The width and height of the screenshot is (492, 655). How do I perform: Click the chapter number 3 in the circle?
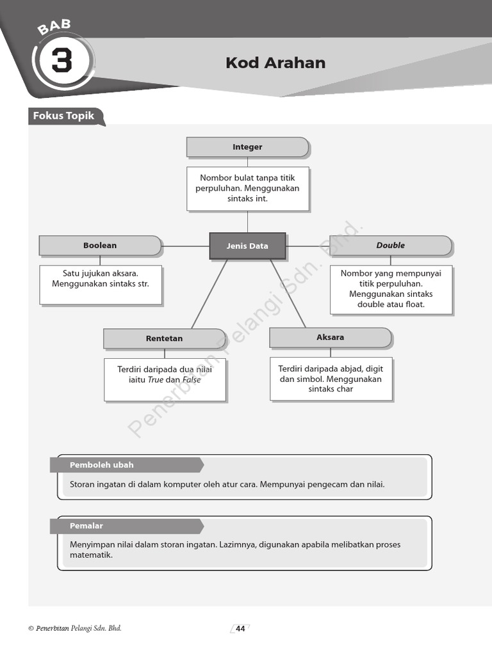pyautogui.click(x=61, y=62)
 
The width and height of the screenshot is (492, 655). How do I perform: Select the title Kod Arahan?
pyautogui.click(x=275, y=63)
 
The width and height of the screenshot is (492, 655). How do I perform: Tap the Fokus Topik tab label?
pyautogui.click(x=64, y=116)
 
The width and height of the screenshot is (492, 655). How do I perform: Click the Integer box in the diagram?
pyautogui.click(x=247, y=147)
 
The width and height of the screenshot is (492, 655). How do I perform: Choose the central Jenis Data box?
pyautogui.click(x=247, y=246)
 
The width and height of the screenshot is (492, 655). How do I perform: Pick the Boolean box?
pyautogui.click(x=100, y=246)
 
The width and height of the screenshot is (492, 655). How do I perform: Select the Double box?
pyautogui.click(x=391, y=246)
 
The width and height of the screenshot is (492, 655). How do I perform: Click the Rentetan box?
pyautogui.click(x=164, y=338)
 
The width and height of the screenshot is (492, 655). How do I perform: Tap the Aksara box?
pyautogui.click(x=330, y=337)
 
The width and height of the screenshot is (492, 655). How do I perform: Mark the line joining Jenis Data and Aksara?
pyautogui.click(x=288, y=293)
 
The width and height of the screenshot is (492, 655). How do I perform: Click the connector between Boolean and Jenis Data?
pyautogui.click(x=186, y=246)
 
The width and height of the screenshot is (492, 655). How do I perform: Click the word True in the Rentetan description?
pyautogui.click(x=156, y=379)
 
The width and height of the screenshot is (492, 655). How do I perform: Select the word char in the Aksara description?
pyautogui.click(x=343, y=389)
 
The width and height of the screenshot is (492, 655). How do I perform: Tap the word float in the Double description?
pyautogui.click(x=414, y=304)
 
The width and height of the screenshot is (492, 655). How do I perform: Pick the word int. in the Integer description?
pyautogui.click(x=257, y=199)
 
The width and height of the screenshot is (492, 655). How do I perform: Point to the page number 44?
pyautogui.click(x=240, y=629)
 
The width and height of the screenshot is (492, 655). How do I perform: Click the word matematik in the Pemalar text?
pyautogui.click(x=91, y=555)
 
